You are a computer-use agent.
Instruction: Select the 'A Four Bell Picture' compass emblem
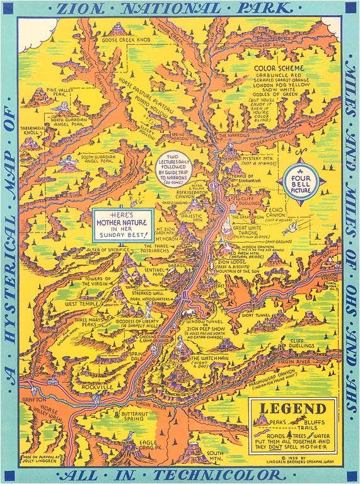304,179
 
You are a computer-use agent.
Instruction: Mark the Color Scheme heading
278,67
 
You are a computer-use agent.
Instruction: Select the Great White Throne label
251,231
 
